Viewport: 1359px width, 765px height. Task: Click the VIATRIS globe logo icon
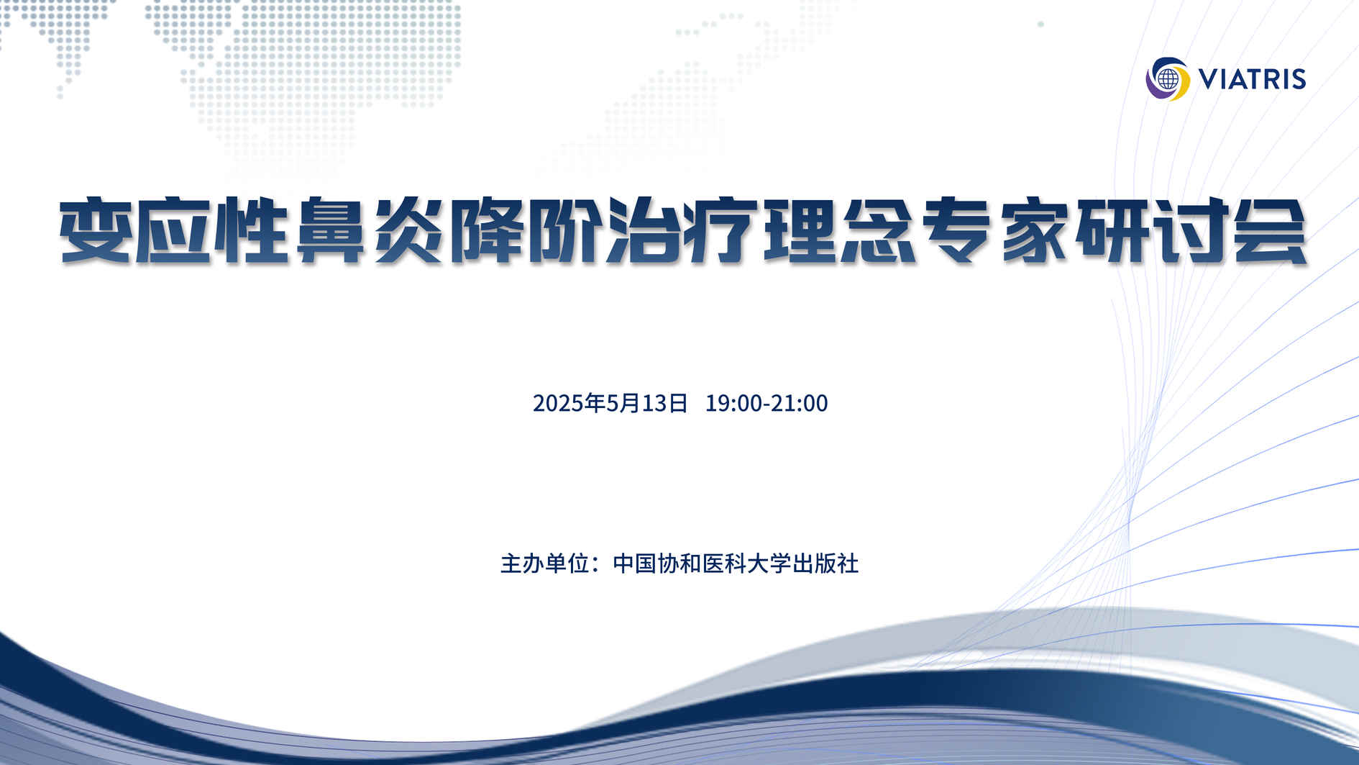tap(1168, 78)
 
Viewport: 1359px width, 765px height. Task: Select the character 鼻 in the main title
tap(330, 231)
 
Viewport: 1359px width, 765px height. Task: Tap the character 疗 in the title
tap(723, 231)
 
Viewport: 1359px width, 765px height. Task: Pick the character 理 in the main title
tap(801, 231)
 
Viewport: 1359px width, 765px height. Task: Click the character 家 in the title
tap(1037, 231)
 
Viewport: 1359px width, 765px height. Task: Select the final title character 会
tap(1271, 231)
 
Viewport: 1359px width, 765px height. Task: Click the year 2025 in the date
tap(557, 403)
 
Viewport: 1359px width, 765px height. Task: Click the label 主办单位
tap(545, 563)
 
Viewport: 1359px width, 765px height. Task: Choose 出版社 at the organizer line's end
tap(825, 563)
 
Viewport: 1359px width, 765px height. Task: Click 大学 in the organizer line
tap(769, 563)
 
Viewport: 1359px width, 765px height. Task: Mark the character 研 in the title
tap(1115, 231)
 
